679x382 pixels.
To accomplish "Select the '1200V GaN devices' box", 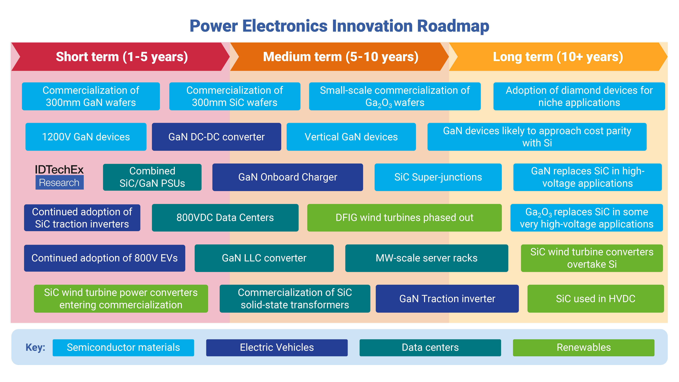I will point(86,137).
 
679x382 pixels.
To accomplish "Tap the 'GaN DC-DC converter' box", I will point(216,137).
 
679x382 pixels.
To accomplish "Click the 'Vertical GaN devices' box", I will point(351,137).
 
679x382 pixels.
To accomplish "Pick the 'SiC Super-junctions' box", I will point(438,177).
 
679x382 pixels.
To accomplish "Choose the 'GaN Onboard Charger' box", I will point(288,177).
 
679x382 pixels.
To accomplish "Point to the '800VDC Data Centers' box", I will point(225,218).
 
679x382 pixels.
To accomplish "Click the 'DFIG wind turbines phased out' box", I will point(404,218).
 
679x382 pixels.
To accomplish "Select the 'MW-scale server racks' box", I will point(427,258).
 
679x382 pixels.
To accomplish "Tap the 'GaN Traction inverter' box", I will point(447,299).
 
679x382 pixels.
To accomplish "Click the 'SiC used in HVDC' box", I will point(595,299).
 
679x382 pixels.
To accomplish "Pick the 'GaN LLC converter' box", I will point(264,258).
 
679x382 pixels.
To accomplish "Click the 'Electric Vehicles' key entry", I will point(277,348).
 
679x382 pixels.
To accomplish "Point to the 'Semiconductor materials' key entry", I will point(123,348).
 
